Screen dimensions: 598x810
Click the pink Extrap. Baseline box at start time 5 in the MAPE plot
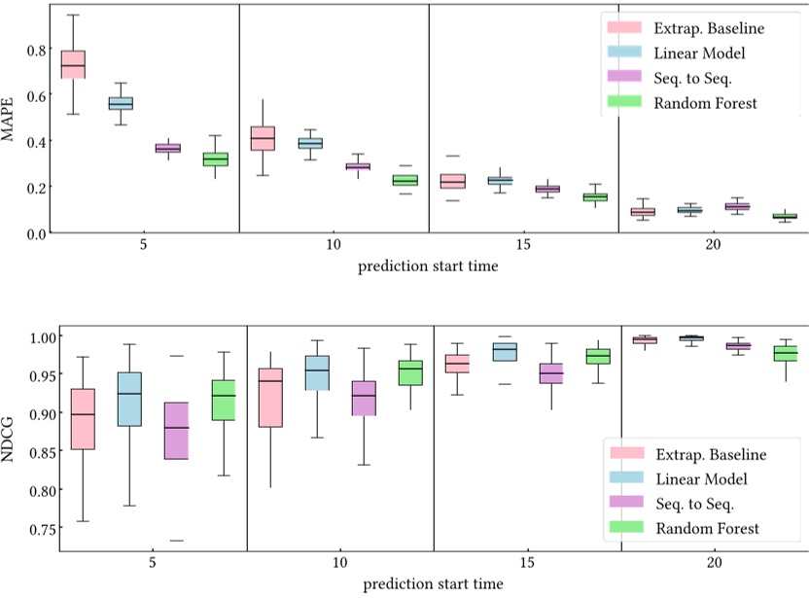click(x=73, y=64)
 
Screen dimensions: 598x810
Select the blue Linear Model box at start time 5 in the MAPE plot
click(x=121, y=103)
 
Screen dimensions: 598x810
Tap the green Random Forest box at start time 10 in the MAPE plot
click(x=405, y=180)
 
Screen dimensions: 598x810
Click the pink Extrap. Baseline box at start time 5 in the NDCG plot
click(x=83, y=419)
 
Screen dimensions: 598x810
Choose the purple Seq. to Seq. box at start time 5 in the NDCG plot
click(x=176, y=430)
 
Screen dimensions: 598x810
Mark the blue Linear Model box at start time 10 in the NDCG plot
click(x=316, y=372)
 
